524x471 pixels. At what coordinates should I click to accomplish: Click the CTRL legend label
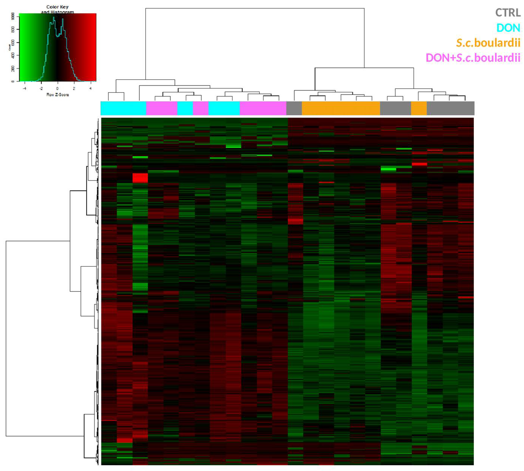pyautogui.click(x=508, y=13)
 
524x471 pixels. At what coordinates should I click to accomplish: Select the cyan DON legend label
pyautogui.click(x=508, y=28)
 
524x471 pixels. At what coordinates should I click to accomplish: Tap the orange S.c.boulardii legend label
pyautogui.click(x=488, y=43)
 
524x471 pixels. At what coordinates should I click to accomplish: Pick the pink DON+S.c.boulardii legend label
pyautogui.click(x=473, y=58)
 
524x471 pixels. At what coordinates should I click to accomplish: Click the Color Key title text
pyautogui.click(x=57, y=7)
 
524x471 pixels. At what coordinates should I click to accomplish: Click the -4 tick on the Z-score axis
pyautogui.click(x=25, y=89)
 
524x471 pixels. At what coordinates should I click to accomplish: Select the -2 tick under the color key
pyautogui.click(x=41, y=89)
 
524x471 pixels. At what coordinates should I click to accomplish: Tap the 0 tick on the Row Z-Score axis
pyautogui.click(x=57, y=89)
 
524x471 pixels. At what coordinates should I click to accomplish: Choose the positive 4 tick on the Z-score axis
pyautogui.click(x=90, y=89)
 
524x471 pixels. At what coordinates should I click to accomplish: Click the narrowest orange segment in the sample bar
pyautogui.click(x=419, y=108)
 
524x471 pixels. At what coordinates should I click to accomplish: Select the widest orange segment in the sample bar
pyautogui.click(x=341, y=108)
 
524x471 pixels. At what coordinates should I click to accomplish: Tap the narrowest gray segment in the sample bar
pyautogui.click(x=294, y=108)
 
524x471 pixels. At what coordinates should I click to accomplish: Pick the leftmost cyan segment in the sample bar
pyautogui.click(x=123, y=108)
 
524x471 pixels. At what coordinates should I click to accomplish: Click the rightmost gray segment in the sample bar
pyautogui.click(x=450, y=108)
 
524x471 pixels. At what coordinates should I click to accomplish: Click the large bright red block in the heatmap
pyautogui.click(x=140, y=178)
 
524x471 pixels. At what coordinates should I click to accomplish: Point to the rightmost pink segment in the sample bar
pyautogui.click(x=263, y=108)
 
